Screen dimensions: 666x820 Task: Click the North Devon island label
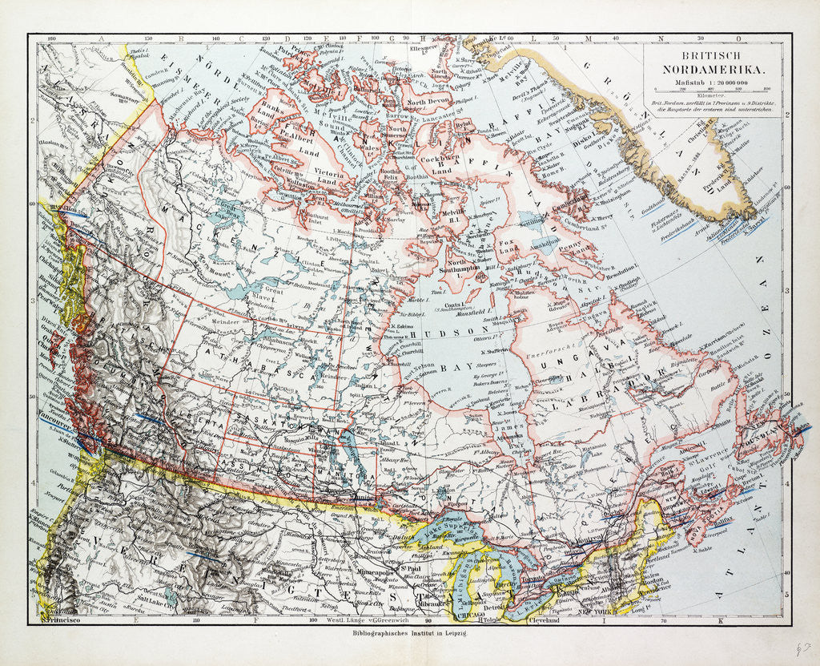coord(425,103)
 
